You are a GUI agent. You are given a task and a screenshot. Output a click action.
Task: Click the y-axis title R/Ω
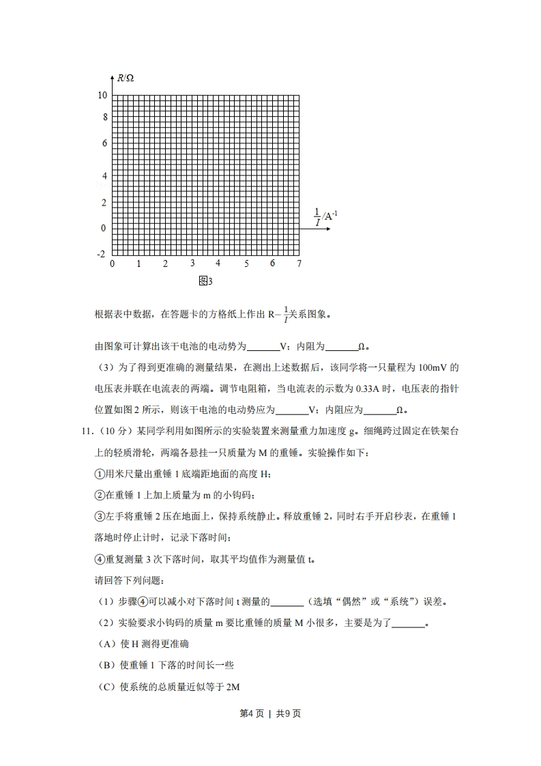tap(126, 78)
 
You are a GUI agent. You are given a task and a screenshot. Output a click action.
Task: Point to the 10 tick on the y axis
tap(102, 95)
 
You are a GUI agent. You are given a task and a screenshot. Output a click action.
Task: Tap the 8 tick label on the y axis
tap(105, 117)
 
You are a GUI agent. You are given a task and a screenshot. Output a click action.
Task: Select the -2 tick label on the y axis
tap(101, 253)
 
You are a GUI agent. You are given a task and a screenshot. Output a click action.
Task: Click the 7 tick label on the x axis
tap(299, 264)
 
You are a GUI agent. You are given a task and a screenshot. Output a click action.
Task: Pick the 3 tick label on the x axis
tap(192, 264)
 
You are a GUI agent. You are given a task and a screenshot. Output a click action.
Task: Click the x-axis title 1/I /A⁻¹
tap(325, 216)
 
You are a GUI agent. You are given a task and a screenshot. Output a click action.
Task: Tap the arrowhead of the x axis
tap(328, 228)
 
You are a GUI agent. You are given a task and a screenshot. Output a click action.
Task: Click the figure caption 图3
tap(205, 281)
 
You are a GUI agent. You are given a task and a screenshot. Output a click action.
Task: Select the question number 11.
tap(86, 431)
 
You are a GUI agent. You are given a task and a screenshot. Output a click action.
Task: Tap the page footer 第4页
tap(252, 713)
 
